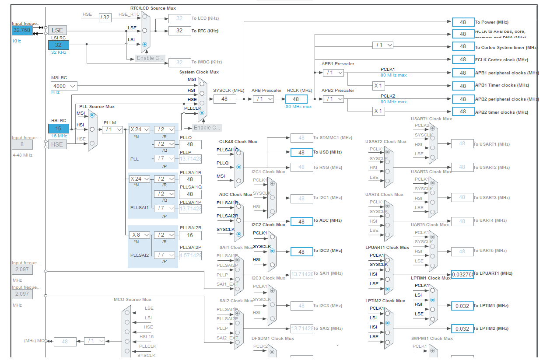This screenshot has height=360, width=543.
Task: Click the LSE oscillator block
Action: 57,30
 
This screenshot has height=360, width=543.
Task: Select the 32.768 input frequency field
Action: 22,30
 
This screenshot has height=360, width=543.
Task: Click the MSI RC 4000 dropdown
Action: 64,86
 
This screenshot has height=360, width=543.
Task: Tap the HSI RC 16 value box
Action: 59,129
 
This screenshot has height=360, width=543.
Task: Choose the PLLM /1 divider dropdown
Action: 112,129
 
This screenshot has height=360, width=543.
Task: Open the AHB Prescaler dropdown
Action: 263,99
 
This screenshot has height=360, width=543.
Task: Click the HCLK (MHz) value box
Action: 296,99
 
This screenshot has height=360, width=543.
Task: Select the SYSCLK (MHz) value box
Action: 224,99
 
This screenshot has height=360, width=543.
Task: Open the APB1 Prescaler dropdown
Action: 333,73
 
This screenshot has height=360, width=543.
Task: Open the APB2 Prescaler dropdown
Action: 333,99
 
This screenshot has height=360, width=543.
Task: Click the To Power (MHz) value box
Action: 463,22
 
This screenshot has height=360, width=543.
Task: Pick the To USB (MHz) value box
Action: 301,152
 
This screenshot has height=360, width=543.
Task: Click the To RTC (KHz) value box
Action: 179,31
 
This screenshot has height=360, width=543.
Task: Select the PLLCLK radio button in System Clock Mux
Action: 202,112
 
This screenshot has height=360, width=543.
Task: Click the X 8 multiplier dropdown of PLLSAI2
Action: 140,235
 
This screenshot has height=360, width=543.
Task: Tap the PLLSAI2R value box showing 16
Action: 190,235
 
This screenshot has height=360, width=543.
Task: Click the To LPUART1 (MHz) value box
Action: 462,274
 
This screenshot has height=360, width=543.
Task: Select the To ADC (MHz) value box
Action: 301,222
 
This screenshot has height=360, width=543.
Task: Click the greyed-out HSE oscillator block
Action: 57,144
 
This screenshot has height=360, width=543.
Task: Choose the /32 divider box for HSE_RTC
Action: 105,17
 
